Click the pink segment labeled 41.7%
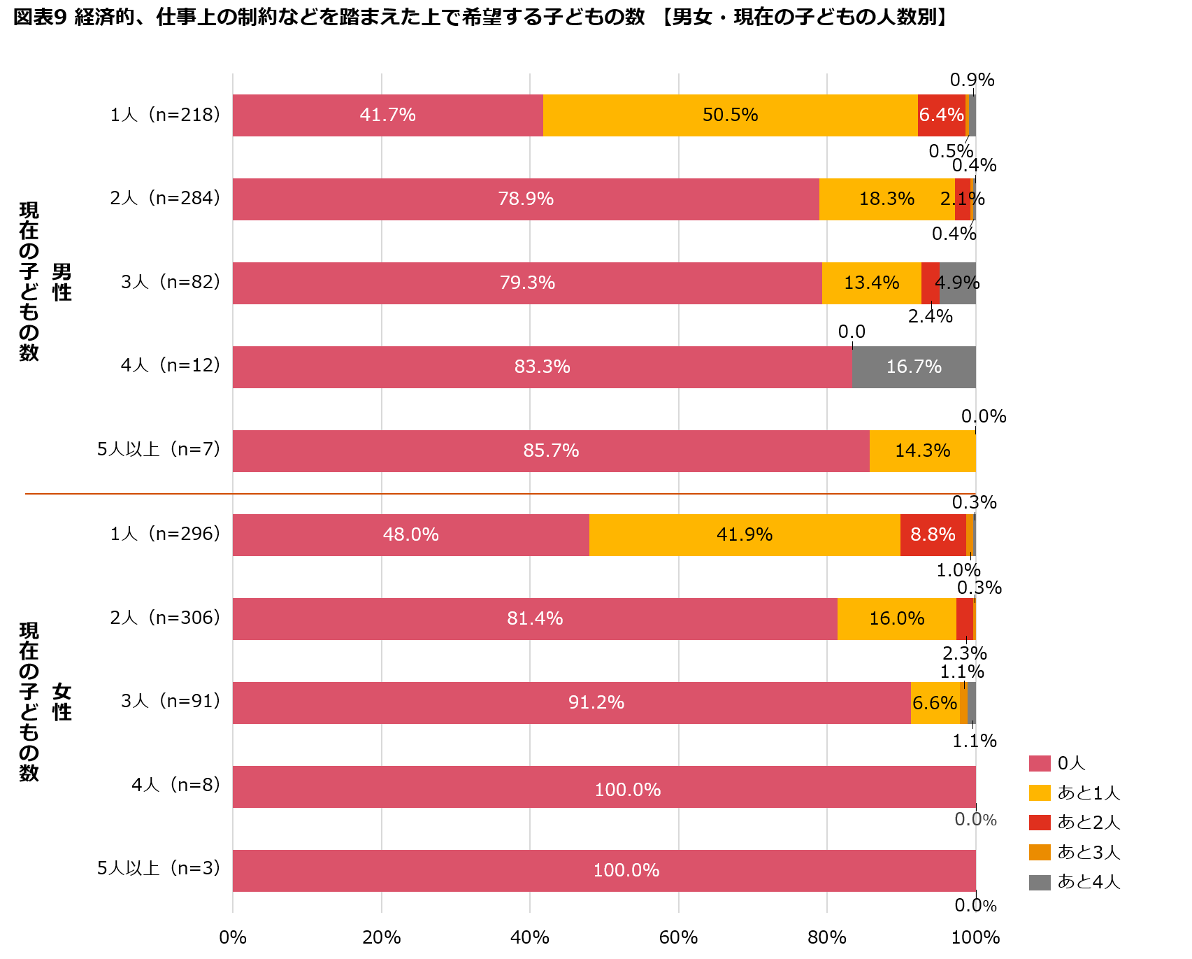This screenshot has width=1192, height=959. (387, 115)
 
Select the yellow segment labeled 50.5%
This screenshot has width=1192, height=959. (730, 115)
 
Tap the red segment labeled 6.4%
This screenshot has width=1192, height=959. (941, 115)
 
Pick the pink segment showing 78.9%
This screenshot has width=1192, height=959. (526, 199)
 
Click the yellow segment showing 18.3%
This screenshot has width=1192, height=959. (886, 199)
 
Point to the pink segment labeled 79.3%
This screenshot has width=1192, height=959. (527, 283)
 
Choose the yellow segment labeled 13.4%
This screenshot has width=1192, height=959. (871, 283)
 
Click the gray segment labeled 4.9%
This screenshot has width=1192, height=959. (957, 283)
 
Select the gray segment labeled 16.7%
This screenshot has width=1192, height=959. (914, 367)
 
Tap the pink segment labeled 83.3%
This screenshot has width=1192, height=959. (543, 367)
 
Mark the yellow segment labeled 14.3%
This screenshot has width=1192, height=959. (922, 451)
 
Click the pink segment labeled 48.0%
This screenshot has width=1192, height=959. (411, 535)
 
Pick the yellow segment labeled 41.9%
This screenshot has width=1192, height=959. (745, 535)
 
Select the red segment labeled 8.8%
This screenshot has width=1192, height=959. (933, 535)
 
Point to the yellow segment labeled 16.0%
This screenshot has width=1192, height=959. (896, 619)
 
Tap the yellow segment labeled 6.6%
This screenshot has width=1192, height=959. (935, 703)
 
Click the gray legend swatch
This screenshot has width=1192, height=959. (1040, 883)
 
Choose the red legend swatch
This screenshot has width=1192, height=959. (1040, 823)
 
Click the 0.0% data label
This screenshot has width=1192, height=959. (975, 819)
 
